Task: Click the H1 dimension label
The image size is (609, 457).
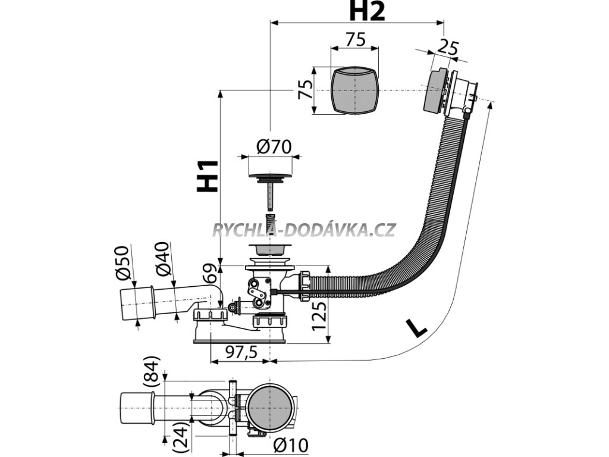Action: pos(208,176)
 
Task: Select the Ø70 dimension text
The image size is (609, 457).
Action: pos(274,146)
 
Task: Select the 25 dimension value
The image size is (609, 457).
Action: pos(449,48)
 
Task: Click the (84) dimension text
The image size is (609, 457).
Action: pos(153,373)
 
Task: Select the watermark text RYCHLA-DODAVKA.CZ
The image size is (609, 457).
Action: pos(304,230)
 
